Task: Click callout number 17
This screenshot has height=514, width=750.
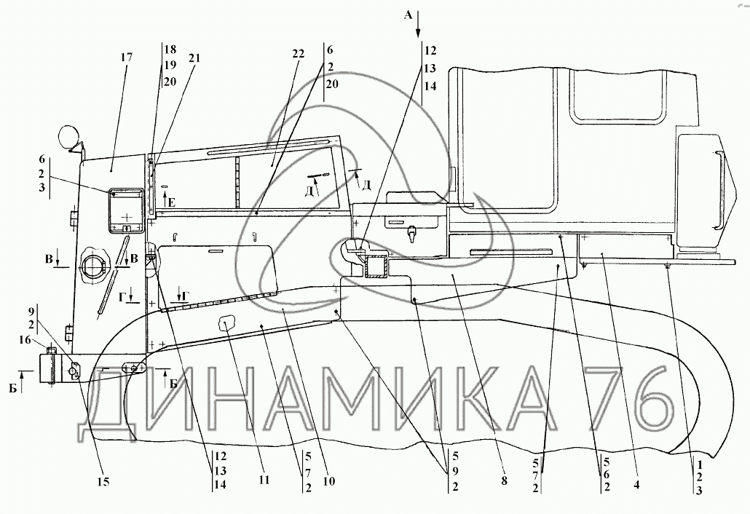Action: (127, 58)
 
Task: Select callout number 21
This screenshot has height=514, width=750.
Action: (194, 58)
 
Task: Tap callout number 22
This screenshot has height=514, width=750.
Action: (298, 54)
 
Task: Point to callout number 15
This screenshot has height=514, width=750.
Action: (103, 481)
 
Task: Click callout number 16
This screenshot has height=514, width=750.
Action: (25, 340)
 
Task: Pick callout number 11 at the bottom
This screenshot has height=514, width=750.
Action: (264, 479)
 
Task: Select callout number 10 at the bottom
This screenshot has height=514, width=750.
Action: (329, 481)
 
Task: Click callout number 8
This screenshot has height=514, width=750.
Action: (504, 481)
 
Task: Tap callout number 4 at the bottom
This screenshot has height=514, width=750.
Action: (636, 484)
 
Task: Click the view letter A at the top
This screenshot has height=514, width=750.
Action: (408, 15)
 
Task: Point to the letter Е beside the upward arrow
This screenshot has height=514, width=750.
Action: (172, 202)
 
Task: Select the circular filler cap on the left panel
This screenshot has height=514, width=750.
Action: (95, 264)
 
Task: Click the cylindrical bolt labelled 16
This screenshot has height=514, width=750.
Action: (51, 365)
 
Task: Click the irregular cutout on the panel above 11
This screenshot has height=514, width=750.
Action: (226, 324)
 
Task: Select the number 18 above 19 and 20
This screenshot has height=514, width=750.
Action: (170, 50)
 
